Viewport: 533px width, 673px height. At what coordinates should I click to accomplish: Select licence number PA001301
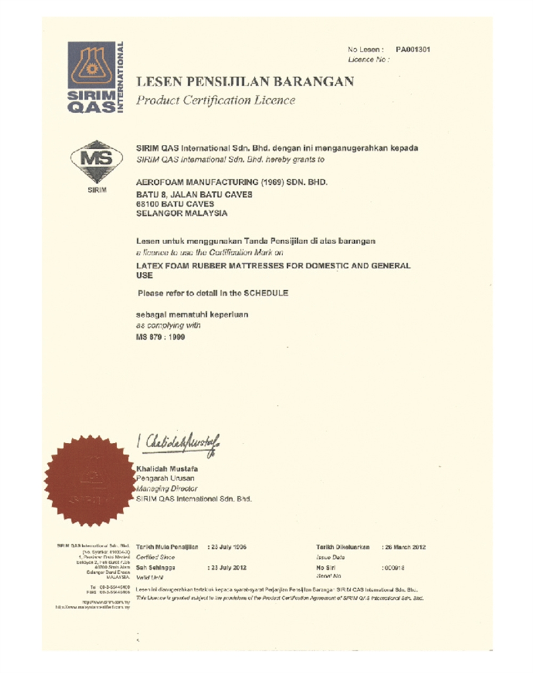point(411,50)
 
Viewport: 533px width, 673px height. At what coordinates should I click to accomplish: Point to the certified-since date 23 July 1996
point(228,547)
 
